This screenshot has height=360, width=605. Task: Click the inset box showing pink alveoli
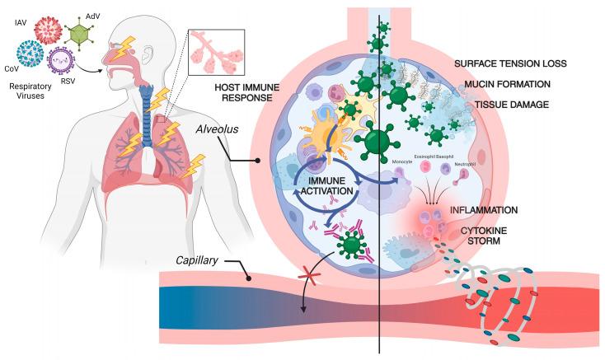[x=216, y=58]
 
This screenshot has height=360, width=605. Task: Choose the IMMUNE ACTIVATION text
[x=327, y=194]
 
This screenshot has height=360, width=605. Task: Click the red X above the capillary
[x=287, y=272]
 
